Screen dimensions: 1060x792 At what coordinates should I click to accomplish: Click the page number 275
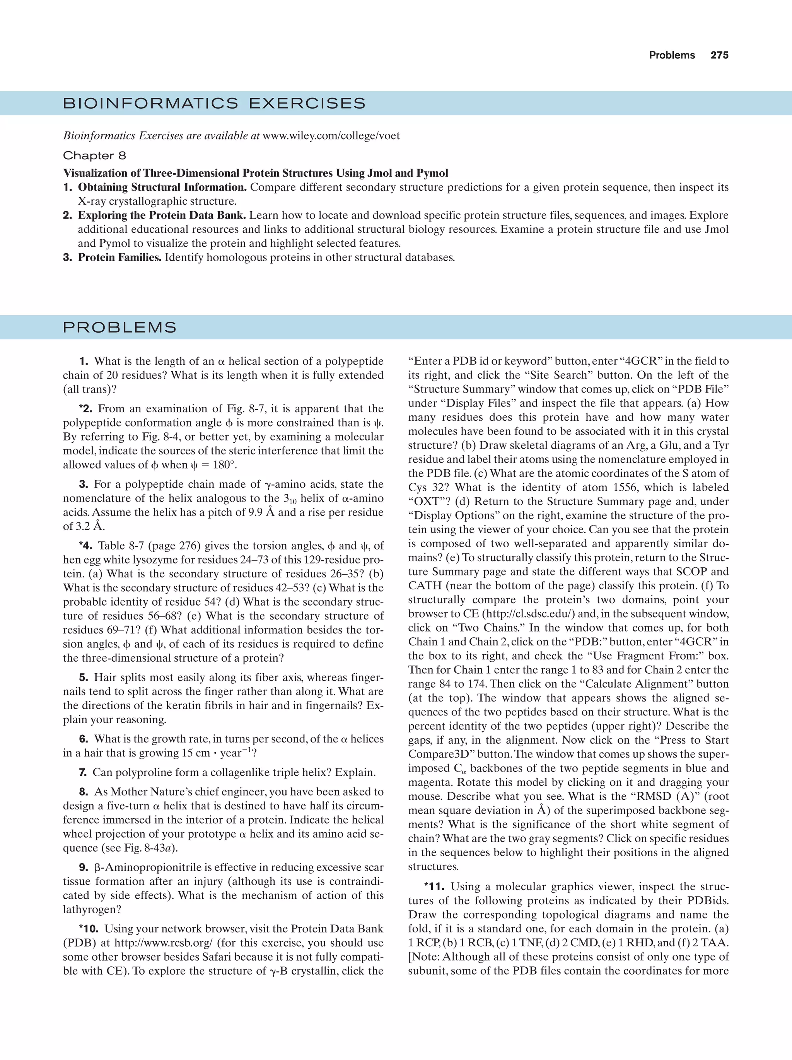click(719, 55)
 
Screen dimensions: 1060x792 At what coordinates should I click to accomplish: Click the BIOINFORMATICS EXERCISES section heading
click(214, 104)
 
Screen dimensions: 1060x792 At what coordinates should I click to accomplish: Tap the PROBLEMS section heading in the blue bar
click(120, 328)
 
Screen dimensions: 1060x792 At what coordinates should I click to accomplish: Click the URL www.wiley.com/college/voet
click(331, 136)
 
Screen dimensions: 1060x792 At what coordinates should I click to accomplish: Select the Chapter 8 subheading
click(94, 156)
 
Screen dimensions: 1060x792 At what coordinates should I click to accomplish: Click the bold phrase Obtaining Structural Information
click(162, 188)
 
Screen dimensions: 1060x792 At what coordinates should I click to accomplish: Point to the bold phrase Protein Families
click(120, 257)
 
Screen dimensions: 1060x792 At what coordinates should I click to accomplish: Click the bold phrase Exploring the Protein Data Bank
click(162, 216)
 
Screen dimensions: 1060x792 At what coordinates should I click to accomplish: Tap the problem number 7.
click(83, 773)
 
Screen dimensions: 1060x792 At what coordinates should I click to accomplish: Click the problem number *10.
click(89, 929)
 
